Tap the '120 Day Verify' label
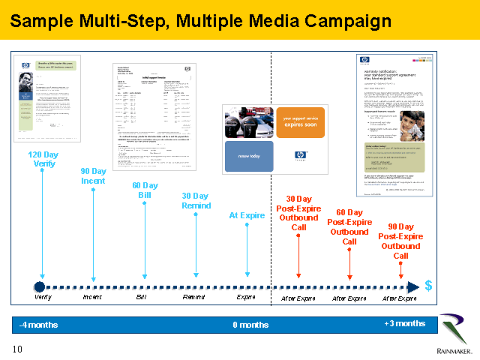42,159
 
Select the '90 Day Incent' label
94,176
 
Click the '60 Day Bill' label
145,190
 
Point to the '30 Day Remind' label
196,201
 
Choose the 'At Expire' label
247,216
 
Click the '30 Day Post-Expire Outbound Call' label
298,214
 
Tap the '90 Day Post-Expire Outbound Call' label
400,241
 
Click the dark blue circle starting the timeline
40,286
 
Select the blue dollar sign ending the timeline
428,286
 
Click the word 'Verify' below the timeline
43,298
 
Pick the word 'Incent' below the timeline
92,298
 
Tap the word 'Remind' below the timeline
194,298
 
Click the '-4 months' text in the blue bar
39,325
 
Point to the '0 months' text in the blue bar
250,325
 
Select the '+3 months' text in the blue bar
404,323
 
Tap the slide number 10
17,349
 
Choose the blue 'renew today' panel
250,156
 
